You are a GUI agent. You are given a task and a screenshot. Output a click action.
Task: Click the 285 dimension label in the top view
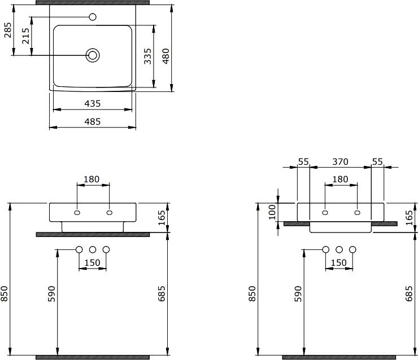click(8, 30)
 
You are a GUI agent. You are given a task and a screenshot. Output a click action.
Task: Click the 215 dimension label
click(25, 36)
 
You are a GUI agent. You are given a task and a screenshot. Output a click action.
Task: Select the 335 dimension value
click(147, 56)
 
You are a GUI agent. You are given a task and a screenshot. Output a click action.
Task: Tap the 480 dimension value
click(166, 56)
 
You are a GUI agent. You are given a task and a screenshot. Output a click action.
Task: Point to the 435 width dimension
click(93, 103)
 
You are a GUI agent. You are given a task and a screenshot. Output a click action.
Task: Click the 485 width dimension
click(93, 121)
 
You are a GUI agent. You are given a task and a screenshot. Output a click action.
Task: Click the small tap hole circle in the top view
click(93, 17)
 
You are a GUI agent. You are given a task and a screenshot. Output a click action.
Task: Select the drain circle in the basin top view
click(93, 55)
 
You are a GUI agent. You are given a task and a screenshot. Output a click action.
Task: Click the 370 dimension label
click(340, 161)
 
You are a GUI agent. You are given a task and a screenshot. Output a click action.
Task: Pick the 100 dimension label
click(272, 212)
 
